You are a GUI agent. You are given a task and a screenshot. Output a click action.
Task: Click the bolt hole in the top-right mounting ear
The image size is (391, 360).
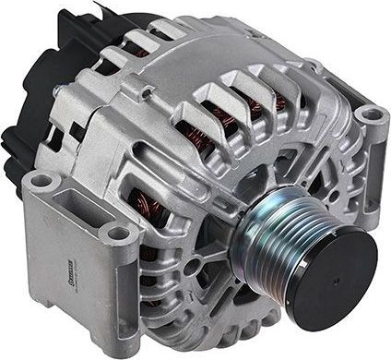370,115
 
